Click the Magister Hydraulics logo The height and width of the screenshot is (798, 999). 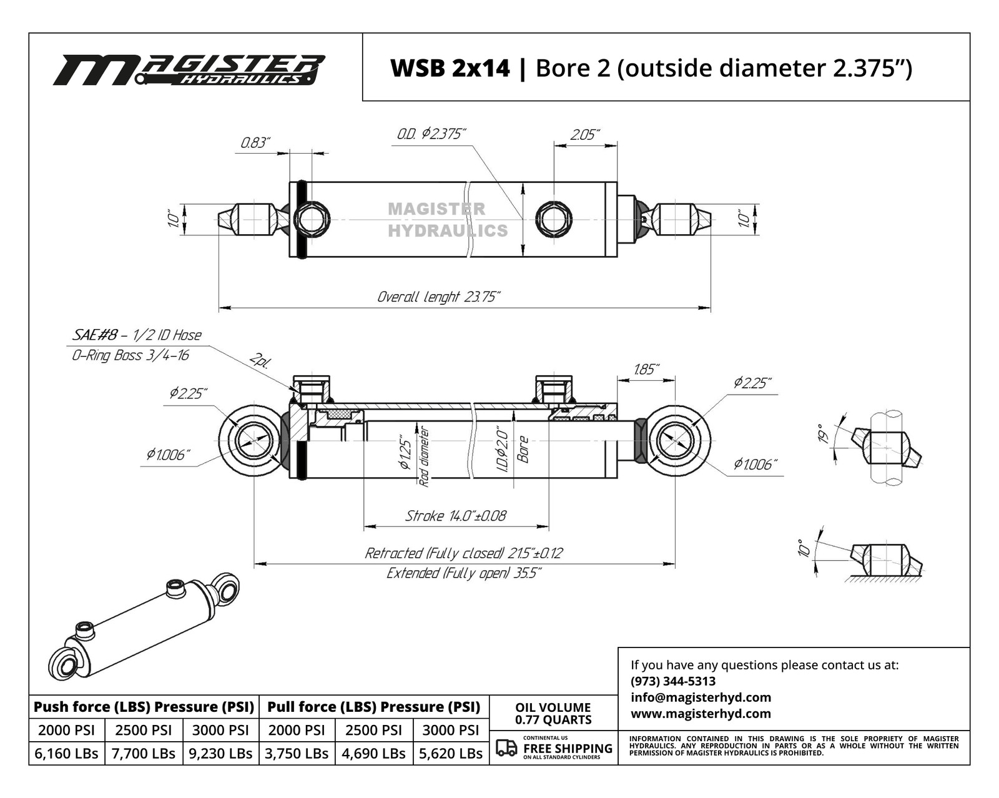[x=189, y=69]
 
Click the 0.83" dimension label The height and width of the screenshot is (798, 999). [x=255, y=143]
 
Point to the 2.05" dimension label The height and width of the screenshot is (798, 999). [x=584, y=135]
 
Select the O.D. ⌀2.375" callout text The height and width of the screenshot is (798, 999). [x=431, y=134]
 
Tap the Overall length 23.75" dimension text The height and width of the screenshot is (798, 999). [x=438, y=297]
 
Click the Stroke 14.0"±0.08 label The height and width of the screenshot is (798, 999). [x=456, y=516]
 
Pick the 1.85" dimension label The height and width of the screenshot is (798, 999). [x=646, y=369]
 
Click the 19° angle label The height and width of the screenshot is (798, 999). [x=825, y=433]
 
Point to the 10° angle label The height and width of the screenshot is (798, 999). [x=805, y=548]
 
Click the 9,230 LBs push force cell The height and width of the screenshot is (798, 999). [x=220, y=753]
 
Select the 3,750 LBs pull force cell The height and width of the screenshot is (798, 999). [x=297, y=753]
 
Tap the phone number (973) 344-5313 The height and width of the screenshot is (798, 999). [x=673, y=681]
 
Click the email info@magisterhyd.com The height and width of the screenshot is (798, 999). [x=701, y=697]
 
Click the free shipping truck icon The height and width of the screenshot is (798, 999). [x=506, y=747]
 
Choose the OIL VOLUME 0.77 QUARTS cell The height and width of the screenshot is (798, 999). [x=553, y=713]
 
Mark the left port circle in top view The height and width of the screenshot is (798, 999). [x=312, y=219]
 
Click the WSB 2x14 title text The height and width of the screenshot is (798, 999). [x=450, y=68]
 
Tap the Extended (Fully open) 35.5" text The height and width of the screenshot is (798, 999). [x=464, y=573]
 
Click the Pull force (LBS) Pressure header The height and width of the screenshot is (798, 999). [x=373, y=707]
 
